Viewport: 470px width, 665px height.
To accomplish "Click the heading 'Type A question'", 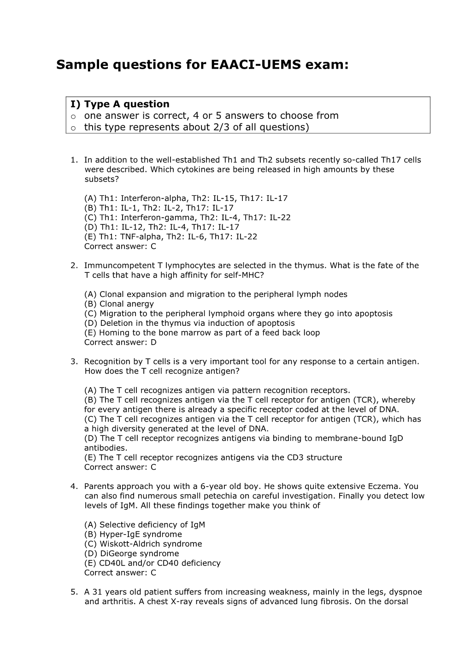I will pyautogui.click(x=127, y=104).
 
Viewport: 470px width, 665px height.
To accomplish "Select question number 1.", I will pyautogui.click(x=73, y=160).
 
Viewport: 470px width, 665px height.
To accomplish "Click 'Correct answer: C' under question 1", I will pyautogui.click(x=120, y=246).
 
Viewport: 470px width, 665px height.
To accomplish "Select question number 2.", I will pyautogui.click(x=73, y=265).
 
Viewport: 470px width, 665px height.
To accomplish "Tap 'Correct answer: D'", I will pyautogui.click(x=120, y=342).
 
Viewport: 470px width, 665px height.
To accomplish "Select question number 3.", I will pyautogui.click(x=73, y=361).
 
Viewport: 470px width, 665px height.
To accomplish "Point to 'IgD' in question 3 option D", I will pyautogui.click(x=396, y=438).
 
